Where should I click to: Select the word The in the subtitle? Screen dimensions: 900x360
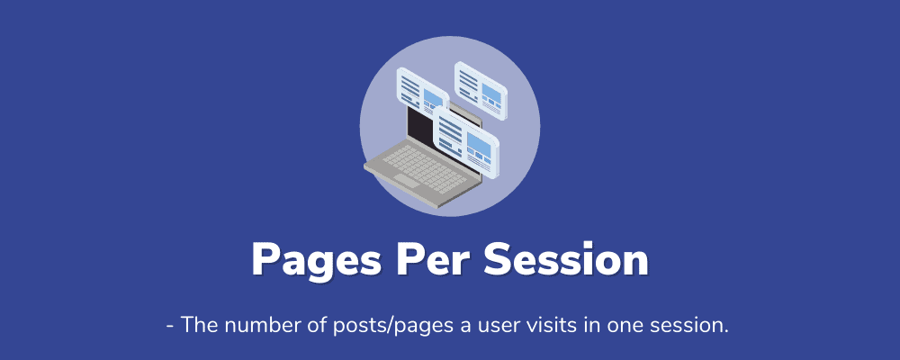tap(199, 325)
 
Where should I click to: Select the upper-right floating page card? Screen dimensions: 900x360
tap(481, 91)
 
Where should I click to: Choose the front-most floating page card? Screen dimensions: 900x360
tap(465, 144)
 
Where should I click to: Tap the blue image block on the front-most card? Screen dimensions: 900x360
tap(479, 144)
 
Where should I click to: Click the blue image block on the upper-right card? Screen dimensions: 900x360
tap(492, 92)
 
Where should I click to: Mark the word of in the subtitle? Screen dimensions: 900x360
tap(315, 325)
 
